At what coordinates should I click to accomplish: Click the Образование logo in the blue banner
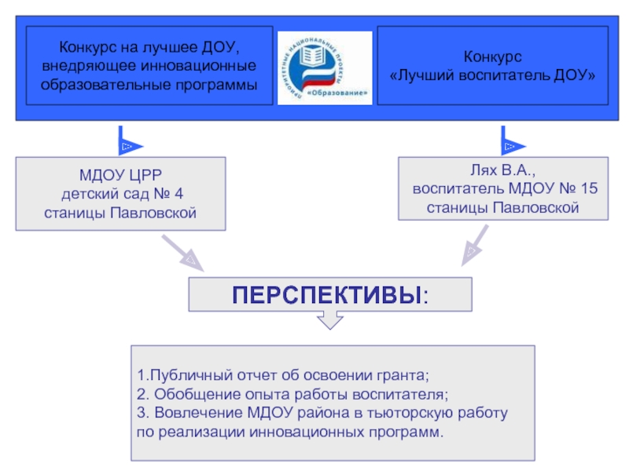pos(326,68)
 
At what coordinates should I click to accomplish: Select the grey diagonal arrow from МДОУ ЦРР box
pos(182,253)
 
